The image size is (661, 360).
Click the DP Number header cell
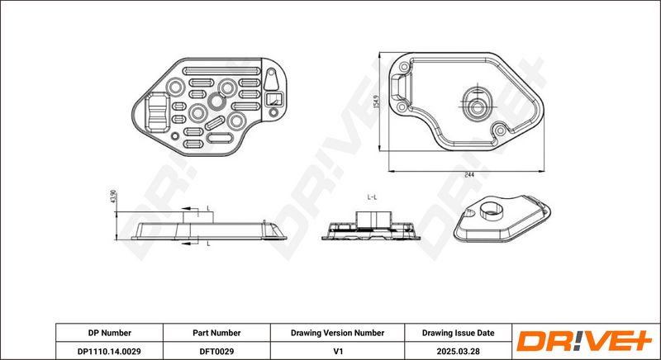pos(110,333)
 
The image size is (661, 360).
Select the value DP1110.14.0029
pos(109,351)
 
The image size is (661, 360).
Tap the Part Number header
pos(216,333)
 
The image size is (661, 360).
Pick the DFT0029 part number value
pos(216,351)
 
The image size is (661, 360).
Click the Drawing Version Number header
pos(337,333)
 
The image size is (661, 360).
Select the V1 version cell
pos(337,351)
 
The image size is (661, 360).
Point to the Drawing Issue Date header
pos(459,333)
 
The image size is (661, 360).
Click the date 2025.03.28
pos(459,351)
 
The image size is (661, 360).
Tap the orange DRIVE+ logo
pos(584,341)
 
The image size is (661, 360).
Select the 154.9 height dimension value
pos(377,102)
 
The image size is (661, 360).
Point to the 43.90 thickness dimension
pos(113,197)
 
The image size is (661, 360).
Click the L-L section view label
pos(372,197)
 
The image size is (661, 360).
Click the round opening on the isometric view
pos(492,209)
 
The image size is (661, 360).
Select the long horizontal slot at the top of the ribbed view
pos(222,71)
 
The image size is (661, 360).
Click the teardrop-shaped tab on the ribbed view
pos(271,79)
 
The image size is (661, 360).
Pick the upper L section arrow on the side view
pos(190,208)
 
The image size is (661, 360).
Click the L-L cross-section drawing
pos(371,226)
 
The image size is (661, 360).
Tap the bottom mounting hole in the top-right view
pos(500,130)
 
